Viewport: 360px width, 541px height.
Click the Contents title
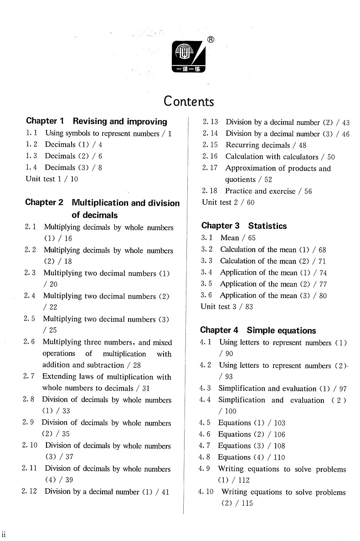coord(189,101)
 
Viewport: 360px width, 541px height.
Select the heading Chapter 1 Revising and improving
coord(97,121)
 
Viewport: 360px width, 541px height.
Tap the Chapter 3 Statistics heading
coord(244,226)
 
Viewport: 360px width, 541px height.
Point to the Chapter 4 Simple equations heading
coord(258,330)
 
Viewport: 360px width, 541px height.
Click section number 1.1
coord(31,134)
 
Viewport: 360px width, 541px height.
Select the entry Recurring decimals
coord(257,145)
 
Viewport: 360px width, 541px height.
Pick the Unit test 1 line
coord(51,179)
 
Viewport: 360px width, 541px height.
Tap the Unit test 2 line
coord(228,202)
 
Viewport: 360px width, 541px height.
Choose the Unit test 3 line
coord(226,306)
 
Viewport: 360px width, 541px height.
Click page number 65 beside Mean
coord(252,237)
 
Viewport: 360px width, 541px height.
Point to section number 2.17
coord(210,168)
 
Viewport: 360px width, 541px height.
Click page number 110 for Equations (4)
coord(279,457)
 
